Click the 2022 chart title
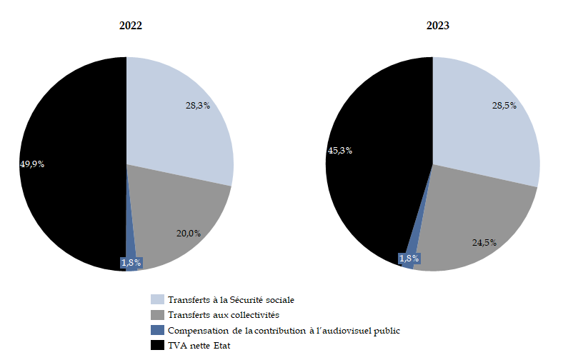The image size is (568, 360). point(130,26)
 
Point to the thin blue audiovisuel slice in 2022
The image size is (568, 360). point(130,246)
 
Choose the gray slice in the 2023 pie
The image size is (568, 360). point(479,221)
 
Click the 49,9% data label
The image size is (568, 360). point(32,164)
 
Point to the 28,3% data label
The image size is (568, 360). point(198,105)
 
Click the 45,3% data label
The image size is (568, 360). point(339,150)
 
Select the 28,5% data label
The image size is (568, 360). point(504,105)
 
